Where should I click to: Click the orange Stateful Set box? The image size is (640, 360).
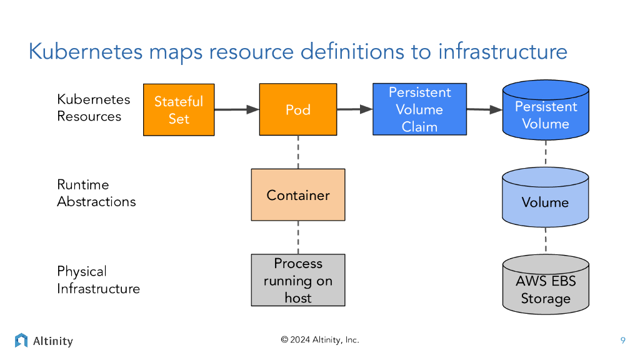(x=179, y=110)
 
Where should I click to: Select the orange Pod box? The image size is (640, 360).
(x=298, y=109)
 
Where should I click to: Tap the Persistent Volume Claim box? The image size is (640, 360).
(x=419, y=109)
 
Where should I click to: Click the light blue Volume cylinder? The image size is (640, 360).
(x=546, y=197)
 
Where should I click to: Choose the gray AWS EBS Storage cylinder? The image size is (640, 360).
(x=546, y=285)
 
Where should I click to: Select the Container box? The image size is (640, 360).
(x=298, y=195)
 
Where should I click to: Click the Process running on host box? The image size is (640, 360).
(x=298, y=280)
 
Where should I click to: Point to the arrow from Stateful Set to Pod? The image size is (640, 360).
(x=236, y=110)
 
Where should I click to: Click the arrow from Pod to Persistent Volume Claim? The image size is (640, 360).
(x=354, y=109)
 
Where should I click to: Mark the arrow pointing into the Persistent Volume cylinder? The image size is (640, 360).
(x=484, y=109)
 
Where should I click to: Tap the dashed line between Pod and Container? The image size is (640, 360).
(x=298, y=152)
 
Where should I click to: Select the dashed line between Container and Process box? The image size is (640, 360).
(x=298, y=237)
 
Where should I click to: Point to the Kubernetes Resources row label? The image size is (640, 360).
(x=94, y=107)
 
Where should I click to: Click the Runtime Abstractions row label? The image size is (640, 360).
(x=96, y=193)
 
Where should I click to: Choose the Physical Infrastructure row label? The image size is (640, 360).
(x=98, y=279)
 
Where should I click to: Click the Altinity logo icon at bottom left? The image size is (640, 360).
(x=21, y=341)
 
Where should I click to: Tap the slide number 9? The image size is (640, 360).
(x=622, y=341)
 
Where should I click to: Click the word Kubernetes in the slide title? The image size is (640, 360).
(x=86, y=51)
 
